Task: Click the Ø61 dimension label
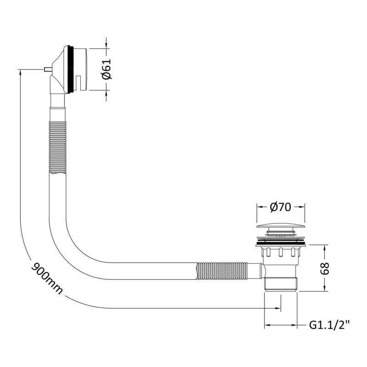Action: (x=107, y=70)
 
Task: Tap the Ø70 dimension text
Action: (x=281, y=207)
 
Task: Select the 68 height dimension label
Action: (x=325, y=268)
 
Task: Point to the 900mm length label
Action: (x=47, y=278)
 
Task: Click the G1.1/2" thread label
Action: (x=330, y=325)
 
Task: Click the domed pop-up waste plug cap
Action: (x=281, y=226)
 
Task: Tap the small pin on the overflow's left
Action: (x=48, y=69)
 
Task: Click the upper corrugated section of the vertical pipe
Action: (x=58, y=147)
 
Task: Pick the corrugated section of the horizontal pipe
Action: (x=222, y=271)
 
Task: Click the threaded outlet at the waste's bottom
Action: (x=281, y=284)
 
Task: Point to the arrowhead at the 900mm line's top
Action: (x=21, y=73)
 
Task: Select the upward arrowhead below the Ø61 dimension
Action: (x=106, y=94)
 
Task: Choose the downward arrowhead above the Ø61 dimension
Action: (x=106, y=45)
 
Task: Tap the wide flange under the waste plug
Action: (x=281, y=244)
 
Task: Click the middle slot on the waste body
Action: (x=280, y=253)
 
